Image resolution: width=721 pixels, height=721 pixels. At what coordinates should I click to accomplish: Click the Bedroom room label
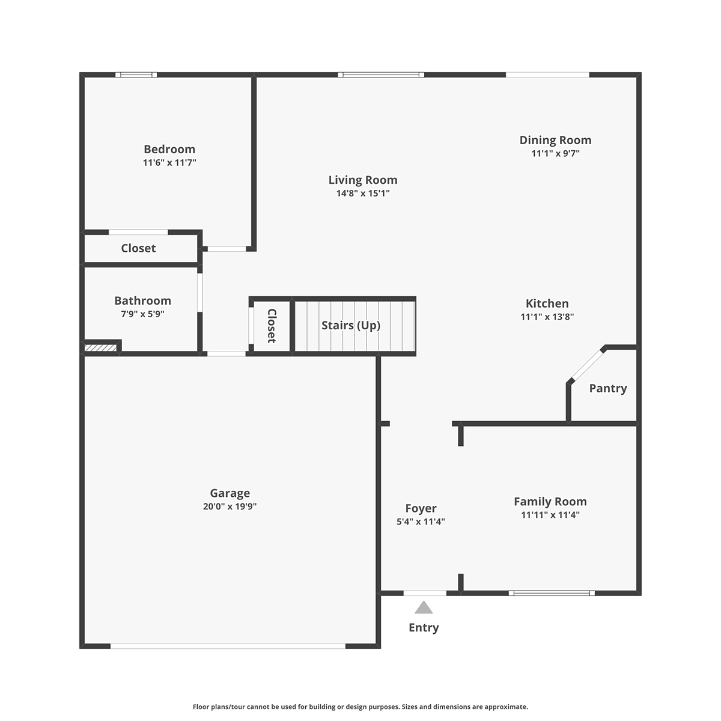(x=169, y=149)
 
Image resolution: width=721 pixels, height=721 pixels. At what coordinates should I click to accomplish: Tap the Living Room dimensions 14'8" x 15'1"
(x=363, y=193)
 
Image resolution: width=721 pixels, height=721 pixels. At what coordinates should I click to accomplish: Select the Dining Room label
(x=556, y=141)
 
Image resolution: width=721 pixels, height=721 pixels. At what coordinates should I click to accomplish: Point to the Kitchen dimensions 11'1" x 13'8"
(x=547, y=317)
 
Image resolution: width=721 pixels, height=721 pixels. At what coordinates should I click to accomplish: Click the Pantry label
(x=608, y=388)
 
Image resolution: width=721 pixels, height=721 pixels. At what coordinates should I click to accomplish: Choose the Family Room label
(x=550, y=501)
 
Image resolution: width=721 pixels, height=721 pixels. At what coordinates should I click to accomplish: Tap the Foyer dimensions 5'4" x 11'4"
(x=421, y=522)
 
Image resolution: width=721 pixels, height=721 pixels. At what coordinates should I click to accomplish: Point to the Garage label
(x=230, y=493)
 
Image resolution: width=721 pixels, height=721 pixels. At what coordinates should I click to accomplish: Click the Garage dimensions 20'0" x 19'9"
(x=230, y=507)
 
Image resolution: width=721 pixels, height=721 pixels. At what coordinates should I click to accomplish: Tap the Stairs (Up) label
(x=351, y=326)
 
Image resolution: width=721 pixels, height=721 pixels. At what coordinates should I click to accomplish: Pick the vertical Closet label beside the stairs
(x=272, y=326)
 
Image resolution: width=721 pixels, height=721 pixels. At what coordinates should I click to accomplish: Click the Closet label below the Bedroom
(x=138, y=248)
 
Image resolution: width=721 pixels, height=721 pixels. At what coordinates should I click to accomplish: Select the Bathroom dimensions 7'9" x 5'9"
(x=142, y=314)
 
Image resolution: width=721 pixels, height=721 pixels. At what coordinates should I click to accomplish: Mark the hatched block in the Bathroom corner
(x=100, y=348)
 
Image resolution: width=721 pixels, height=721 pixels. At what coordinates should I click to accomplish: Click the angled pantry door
(x=588, y=365)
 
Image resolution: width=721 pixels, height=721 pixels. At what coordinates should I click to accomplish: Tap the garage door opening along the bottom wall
(x=228, y=646)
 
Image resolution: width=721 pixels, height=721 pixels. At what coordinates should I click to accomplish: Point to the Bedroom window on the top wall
(x=136, y=75)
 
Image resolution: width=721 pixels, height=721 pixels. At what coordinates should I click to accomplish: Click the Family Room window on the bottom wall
(x=552, y=593)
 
